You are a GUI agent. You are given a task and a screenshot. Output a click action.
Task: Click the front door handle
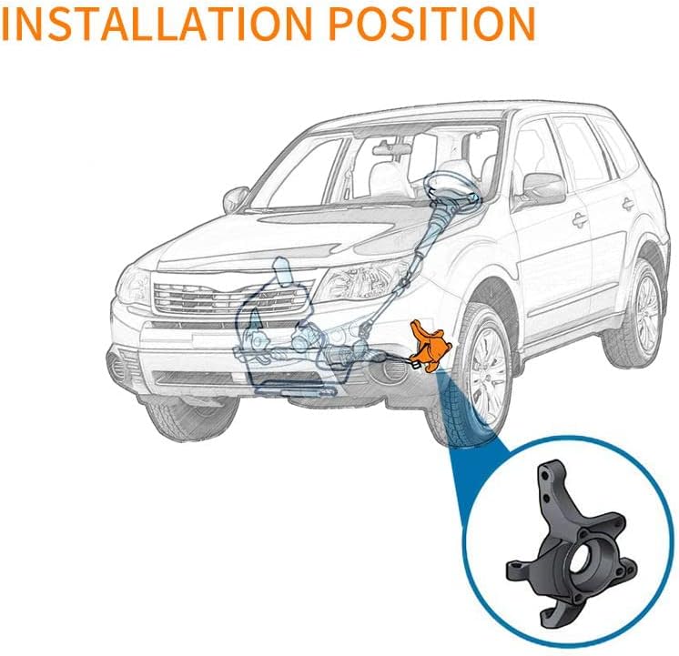click(578, 219)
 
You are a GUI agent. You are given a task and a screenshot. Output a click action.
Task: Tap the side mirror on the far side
click(236, 197)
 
